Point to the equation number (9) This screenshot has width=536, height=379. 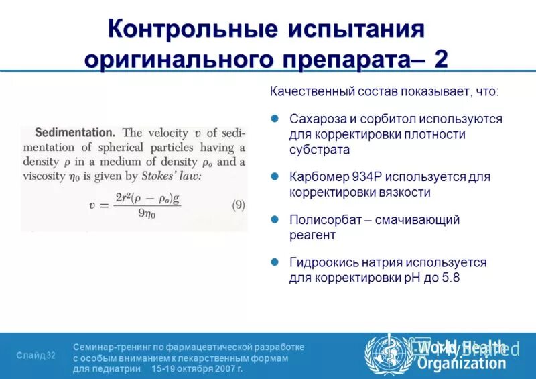[238, 205]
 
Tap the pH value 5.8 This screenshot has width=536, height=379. [450, 277]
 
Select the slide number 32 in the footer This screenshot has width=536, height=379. [52, 356]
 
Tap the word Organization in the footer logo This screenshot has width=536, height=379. [462, 364]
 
